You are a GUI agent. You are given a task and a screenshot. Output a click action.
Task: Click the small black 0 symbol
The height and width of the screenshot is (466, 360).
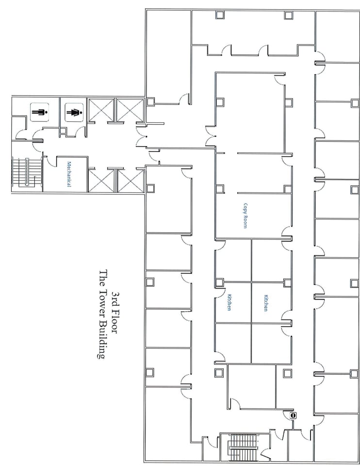pyautogui.click(x=293, y=416)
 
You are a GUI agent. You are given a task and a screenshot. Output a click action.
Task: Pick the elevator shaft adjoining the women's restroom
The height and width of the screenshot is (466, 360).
pyautogui.click(x=101, y=110)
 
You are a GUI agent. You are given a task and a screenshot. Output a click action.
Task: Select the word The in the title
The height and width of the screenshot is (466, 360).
pyautogui.click(x=102, y=278)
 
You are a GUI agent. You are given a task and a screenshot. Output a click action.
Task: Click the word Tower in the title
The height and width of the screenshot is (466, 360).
pyautogui.click(x=102, y=299)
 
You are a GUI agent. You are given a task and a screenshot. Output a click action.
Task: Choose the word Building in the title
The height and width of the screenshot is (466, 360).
pyautogui.click(x=102, y=335)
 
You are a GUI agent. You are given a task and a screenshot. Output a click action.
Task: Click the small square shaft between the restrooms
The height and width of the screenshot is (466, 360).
pyautogui.click(x=63, y=130)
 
